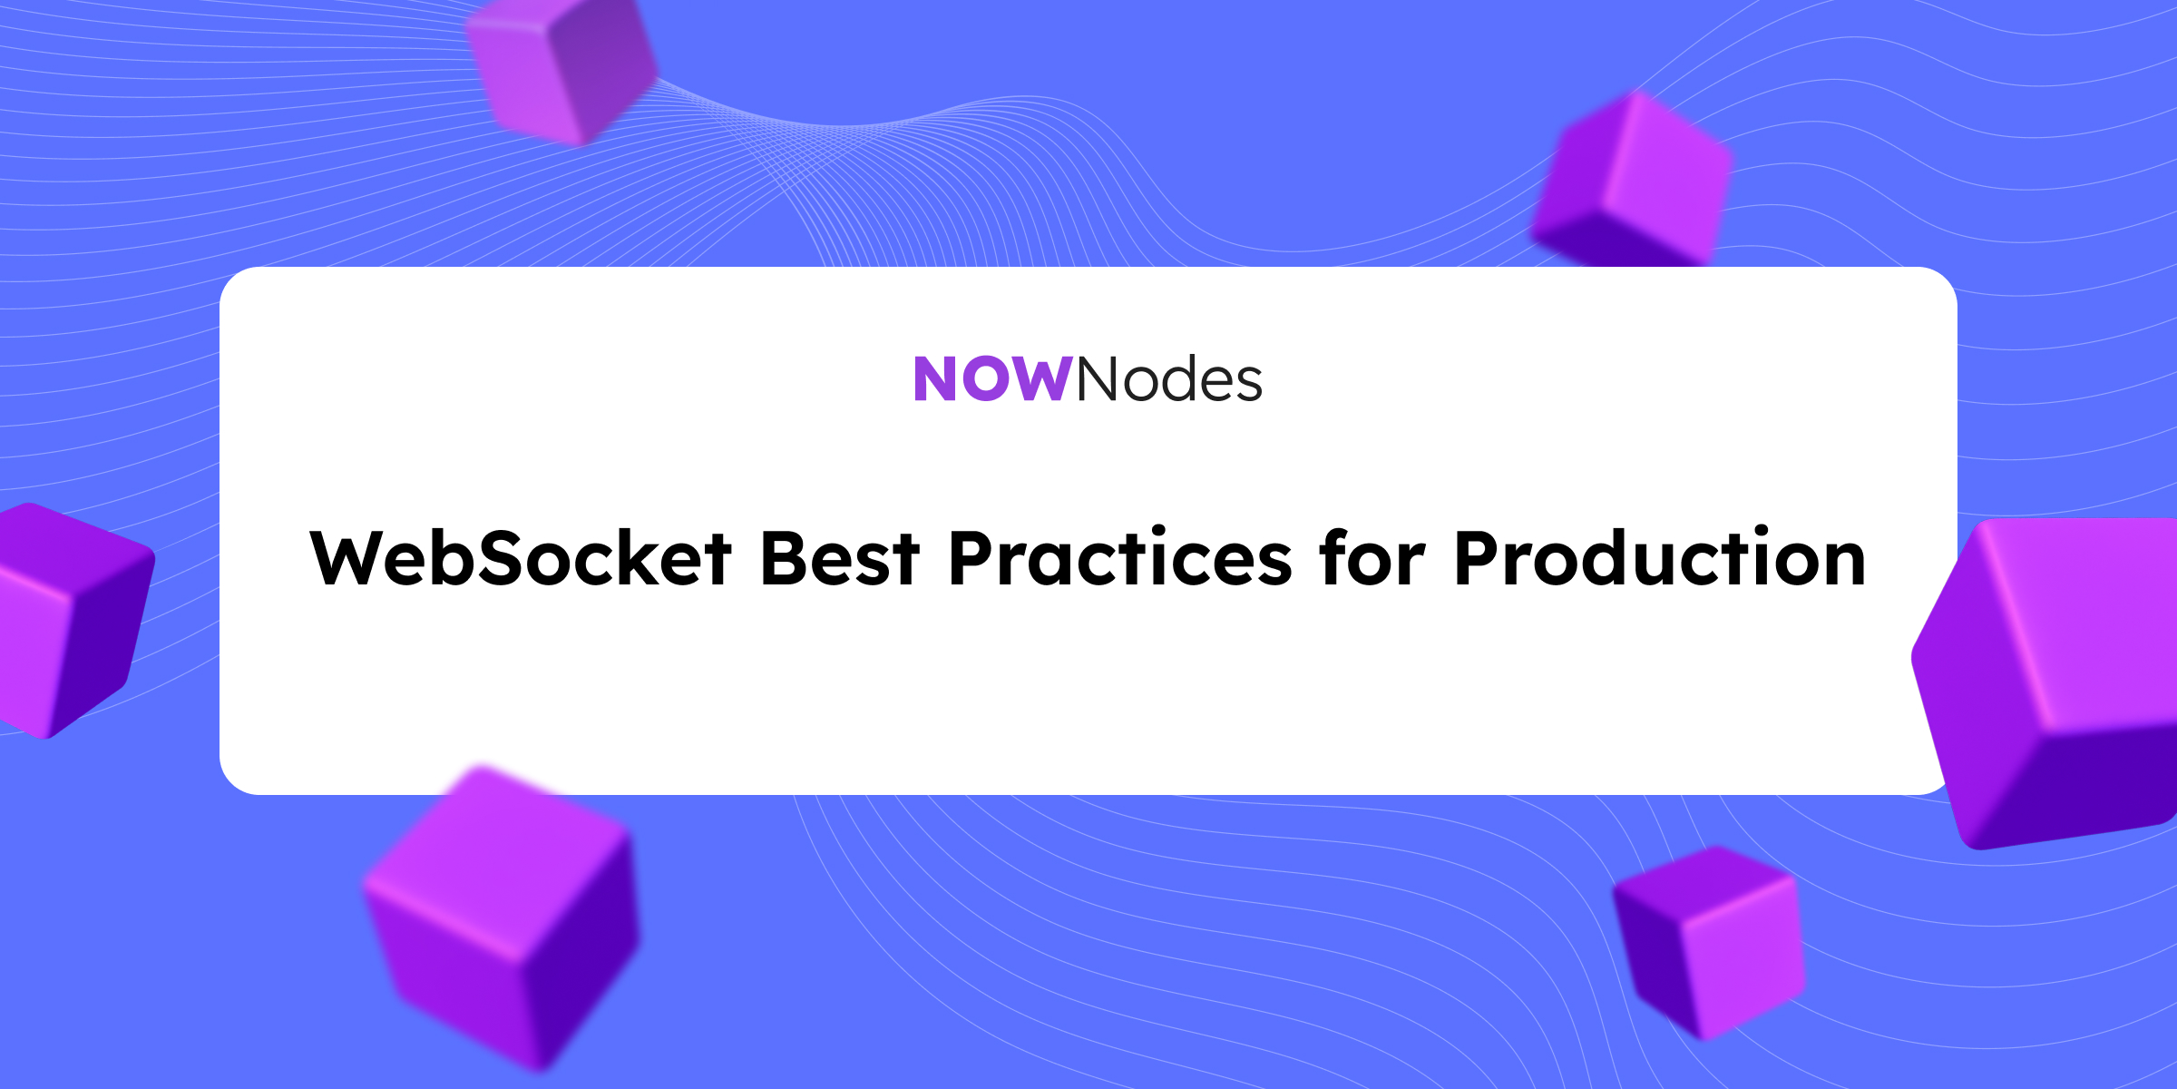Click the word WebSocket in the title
pos(521,558)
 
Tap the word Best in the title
pos(840,558)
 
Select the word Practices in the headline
pos(1120,558)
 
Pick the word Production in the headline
pos(1660,557)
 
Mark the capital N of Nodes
pos(1098,379)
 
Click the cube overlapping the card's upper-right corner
pos(1633,181)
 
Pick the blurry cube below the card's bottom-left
pos(504,917)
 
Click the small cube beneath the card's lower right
pos(1709,942)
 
